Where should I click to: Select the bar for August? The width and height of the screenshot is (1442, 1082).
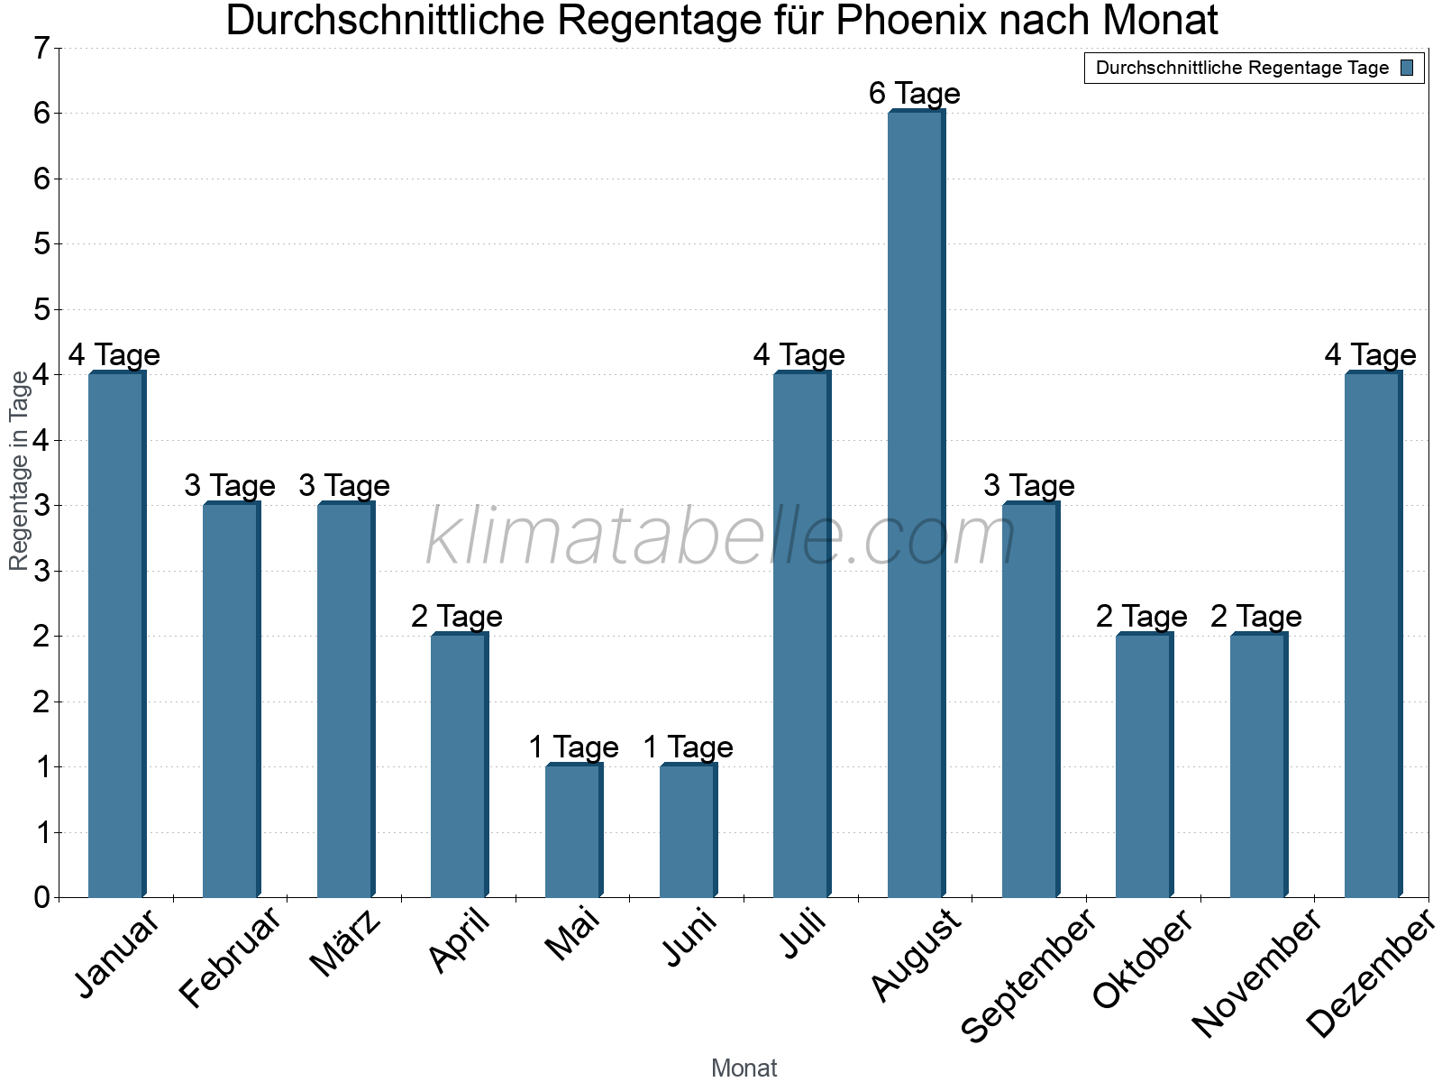coord(916,505)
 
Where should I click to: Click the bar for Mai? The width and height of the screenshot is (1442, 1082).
coord(573,831)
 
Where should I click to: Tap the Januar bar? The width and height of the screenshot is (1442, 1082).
coord(116,635)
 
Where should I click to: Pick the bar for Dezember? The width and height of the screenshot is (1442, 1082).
coord(1373,635)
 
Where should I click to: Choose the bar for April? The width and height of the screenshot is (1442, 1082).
coord(459,766)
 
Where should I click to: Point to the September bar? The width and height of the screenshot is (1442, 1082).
coord(1030,701)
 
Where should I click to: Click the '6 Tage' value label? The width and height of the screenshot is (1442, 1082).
coord(915,94)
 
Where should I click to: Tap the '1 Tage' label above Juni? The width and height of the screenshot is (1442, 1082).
coord(688,747)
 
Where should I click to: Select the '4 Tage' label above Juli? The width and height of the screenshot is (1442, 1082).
coord(799,355)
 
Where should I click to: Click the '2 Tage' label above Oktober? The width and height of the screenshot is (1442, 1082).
coord(1142,617)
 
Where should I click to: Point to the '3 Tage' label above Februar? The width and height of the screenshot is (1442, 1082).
coord(230,486)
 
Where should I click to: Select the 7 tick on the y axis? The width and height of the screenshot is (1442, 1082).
coord(41,49)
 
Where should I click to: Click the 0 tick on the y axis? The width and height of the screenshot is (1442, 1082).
coord(41,898)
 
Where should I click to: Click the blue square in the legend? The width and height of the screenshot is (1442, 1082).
coord(1407,68)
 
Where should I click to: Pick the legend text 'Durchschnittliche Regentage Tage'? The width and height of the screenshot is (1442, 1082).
coord(1242,69)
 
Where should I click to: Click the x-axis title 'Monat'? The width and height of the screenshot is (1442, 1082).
coord(744,1068)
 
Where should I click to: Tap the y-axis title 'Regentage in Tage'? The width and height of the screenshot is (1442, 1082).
coord(19,471)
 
